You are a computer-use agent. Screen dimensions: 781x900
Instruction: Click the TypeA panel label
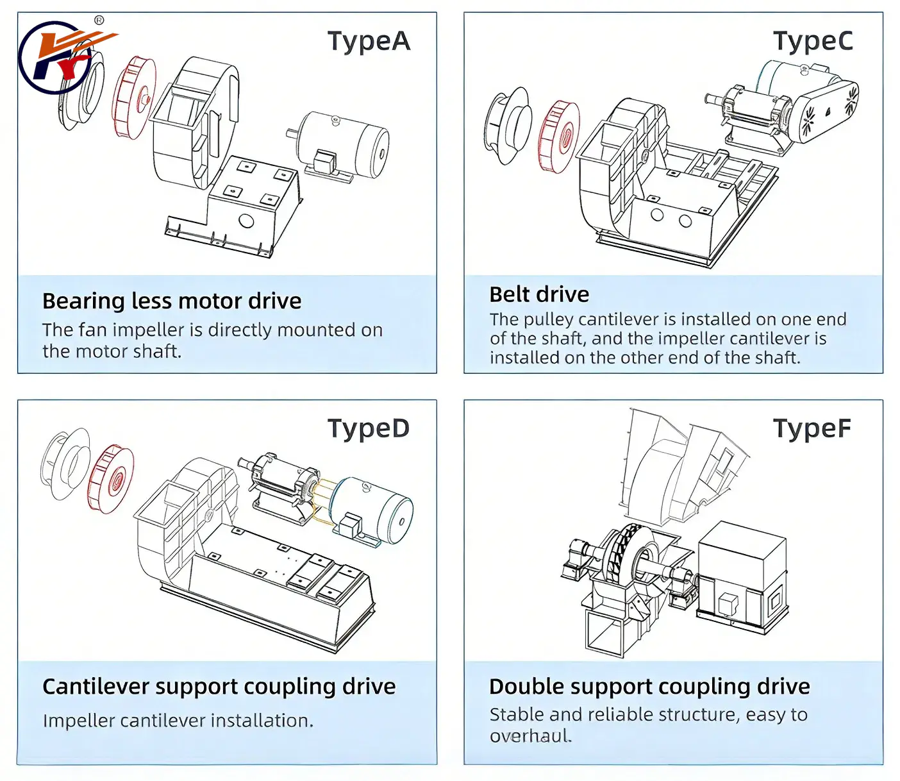(369, 41)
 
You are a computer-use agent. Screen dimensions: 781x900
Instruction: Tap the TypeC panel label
(813, 41)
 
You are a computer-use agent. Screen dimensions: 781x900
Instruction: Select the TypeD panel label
(369, 428)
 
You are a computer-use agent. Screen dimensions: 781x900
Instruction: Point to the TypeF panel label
(812, 428)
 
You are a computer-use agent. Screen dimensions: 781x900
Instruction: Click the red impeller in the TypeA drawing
(134, 97)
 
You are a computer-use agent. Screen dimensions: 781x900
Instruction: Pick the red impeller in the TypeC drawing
(559, 137)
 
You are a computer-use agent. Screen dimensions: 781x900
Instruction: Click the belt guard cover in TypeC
(827, 109)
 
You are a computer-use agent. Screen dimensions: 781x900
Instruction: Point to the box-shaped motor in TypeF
(742, 577)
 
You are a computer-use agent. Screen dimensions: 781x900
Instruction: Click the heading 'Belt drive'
(539, 294)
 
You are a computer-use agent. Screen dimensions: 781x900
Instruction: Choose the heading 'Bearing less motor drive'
(172, 301)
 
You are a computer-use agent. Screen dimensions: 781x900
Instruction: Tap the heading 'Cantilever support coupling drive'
(219, 686)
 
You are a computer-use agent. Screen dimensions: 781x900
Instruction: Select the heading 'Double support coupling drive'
(649, 686)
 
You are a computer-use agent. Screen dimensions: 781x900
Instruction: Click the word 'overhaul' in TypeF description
(529, 735)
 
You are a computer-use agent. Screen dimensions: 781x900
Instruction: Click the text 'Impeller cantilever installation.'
(178, 721)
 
